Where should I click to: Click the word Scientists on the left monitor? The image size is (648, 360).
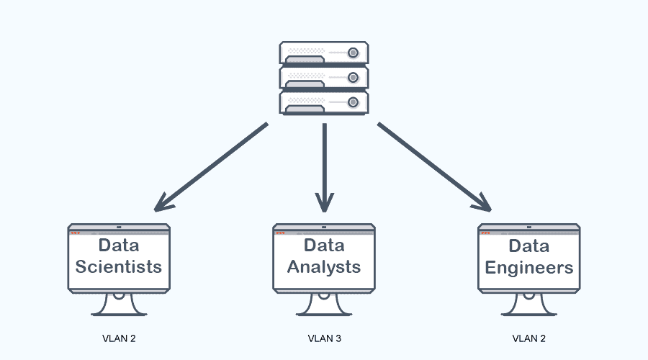[119, 267]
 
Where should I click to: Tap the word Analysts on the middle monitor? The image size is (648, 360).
[324, 267]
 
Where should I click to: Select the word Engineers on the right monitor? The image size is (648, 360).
[529, 268]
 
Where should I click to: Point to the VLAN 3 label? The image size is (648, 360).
[324, 338]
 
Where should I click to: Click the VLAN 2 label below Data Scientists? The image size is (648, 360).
[118, 338]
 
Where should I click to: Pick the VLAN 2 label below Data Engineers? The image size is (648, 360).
[529, 338]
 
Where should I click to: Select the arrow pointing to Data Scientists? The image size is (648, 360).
[209, 168]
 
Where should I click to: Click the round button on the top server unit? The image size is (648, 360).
[353, 53]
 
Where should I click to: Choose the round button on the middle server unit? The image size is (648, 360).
[353, 77]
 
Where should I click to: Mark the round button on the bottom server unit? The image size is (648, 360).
[353, 102]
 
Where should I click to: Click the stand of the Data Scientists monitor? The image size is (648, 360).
[119, 305]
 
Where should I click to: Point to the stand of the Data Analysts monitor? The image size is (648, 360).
[324, 305]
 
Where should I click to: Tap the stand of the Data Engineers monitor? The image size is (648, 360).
[529, 305]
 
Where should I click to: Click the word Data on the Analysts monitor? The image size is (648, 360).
[324, 246]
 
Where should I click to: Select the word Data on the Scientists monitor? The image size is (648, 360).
[119, 246]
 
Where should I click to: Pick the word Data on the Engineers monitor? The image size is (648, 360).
[529, 246]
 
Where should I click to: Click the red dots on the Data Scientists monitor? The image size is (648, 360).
[75, 233]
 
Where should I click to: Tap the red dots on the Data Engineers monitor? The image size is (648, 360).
[486, 233]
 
